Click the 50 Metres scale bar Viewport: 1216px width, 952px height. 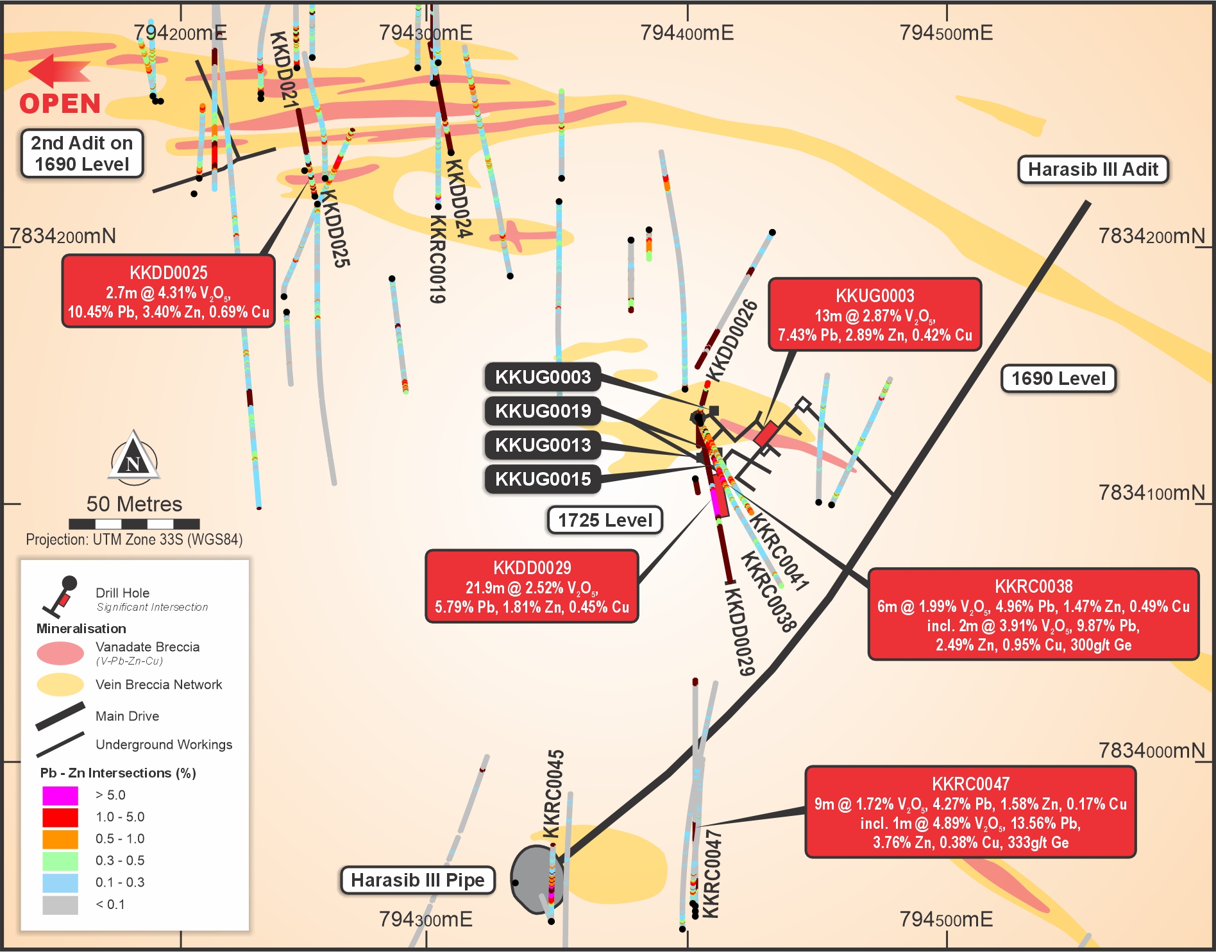(134, 524)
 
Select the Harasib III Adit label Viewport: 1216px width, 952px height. (1093, 170)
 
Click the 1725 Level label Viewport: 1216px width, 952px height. (605, 520)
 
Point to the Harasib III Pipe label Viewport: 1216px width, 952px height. (418, 880)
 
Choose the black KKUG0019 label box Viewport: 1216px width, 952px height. (543, 411)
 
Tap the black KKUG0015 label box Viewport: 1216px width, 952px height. (543, 479)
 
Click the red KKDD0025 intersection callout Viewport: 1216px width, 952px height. (169, 292)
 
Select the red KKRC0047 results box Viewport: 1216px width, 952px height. (970, 812)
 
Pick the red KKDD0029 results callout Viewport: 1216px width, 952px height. (532, 586)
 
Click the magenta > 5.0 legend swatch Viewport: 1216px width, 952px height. (60, 795)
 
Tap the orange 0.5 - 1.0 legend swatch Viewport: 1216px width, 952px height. (60, 839)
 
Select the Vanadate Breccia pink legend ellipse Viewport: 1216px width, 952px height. (60, 653)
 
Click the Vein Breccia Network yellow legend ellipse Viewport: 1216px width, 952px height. (60, 684)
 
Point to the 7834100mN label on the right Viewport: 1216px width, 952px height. (1151, 493)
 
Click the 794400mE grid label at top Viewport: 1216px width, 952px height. (687, 33)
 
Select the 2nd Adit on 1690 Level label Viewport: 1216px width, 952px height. (82, 154)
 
